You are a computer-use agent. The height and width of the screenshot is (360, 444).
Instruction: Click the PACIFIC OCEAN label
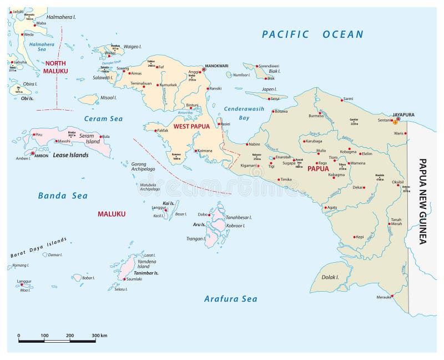[312, 34]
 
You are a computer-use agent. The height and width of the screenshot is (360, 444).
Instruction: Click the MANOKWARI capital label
[217, 66]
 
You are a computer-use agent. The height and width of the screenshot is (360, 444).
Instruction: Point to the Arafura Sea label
[230, 299]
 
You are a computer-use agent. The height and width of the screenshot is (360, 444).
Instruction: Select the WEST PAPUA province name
[191, 126]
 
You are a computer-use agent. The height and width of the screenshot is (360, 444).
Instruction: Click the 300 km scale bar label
[99, 336]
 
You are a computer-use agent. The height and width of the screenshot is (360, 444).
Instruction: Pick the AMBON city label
[42, 156]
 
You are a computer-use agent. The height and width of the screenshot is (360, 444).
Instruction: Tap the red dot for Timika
[279, 179]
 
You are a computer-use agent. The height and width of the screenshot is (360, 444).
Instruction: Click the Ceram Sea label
[103, 118]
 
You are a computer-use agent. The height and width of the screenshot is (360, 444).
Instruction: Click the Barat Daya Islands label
[39, 247]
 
